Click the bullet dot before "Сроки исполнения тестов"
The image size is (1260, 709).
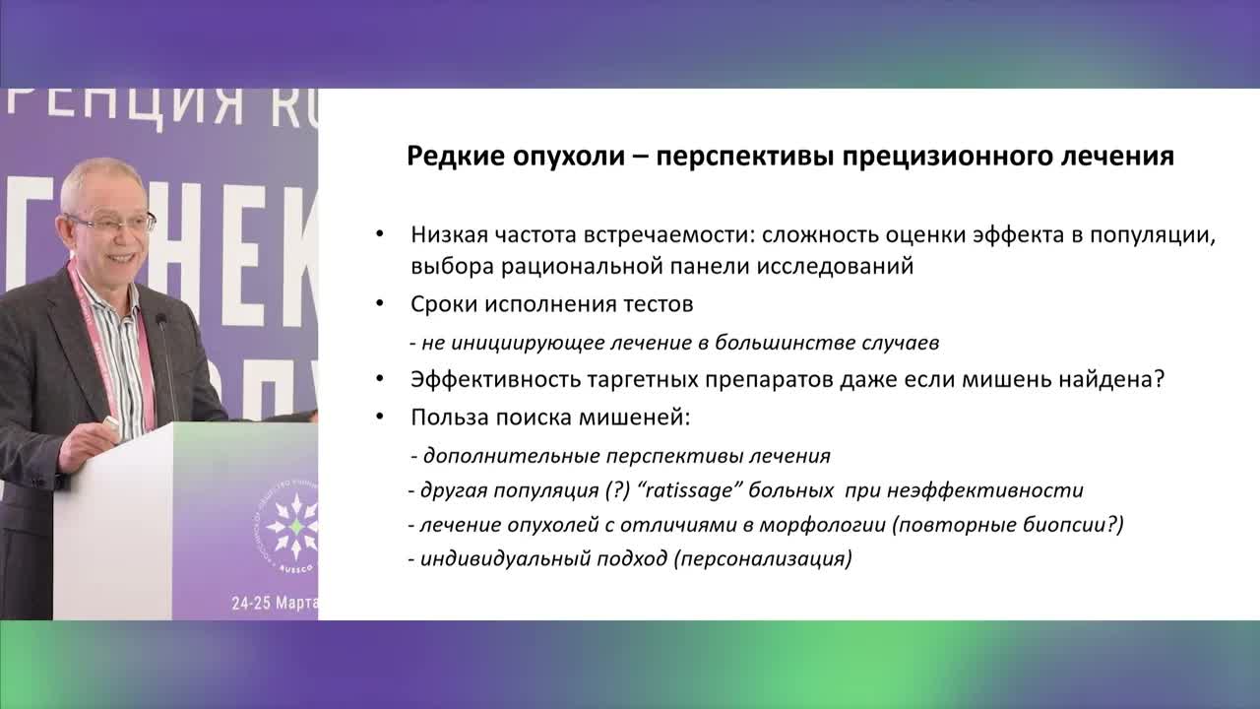point(380,304)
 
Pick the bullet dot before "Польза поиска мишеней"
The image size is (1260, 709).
point(380,417)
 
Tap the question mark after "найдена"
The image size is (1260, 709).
point(1160,380)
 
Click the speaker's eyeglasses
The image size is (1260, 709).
point(110,222)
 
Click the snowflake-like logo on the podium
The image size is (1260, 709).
point(292,526)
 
